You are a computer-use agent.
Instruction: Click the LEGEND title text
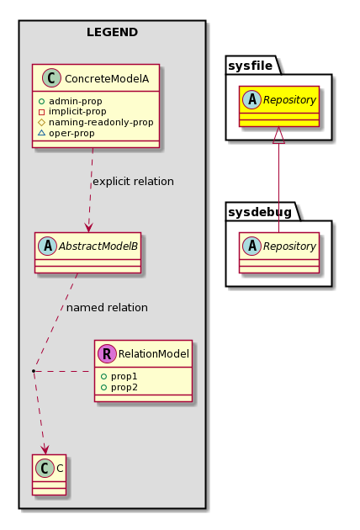[112, 33]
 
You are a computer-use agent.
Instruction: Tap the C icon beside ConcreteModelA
[51, 77]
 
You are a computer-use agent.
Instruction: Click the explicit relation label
[133, 182]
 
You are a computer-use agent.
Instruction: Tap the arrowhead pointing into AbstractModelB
[88, 228]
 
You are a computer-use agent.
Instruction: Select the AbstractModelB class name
[98, 246]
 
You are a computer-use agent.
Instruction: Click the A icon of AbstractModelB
[48, 246]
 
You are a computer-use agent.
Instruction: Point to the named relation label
[107, 308]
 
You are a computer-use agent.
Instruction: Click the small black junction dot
[34, 371]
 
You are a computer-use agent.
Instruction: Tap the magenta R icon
[107, 353]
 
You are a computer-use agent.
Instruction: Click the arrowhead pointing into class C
[45, 450]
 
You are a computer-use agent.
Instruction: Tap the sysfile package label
[250, 66]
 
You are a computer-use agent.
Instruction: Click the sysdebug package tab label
[260, 212]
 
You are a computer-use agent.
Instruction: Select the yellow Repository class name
[289, 100]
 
